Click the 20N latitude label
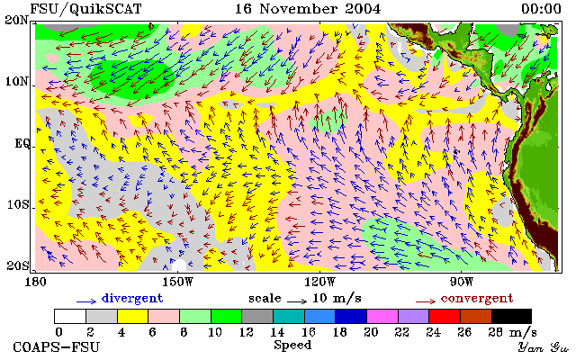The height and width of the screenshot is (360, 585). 17,20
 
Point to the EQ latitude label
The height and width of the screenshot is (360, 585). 22,144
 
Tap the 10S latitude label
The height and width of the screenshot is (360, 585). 18,205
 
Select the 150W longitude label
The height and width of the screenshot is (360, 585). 178,282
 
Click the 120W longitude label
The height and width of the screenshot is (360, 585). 319,282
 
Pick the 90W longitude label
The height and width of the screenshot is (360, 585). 461,282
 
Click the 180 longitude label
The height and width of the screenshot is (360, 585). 35,282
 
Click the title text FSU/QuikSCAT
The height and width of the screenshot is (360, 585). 85,9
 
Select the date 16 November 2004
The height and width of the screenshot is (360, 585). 308,9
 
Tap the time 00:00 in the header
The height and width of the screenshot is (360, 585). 541,9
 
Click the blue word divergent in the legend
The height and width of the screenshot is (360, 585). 132,298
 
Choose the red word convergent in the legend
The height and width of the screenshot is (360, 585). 477,298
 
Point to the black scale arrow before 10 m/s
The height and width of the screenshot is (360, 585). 297,301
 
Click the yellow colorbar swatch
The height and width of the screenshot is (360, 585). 133,316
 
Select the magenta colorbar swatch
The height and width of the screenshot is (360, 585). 382,316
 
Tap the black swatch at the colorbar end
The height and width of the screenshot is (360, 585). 511,316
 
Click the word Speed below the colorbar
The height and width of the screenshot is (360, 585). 292,346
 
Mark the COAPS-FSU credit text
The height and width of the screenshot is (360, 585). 57,346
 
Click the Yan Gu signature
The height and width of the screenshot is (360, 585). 543,347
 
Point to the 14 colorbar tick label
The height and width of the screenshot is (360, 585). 277,331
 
